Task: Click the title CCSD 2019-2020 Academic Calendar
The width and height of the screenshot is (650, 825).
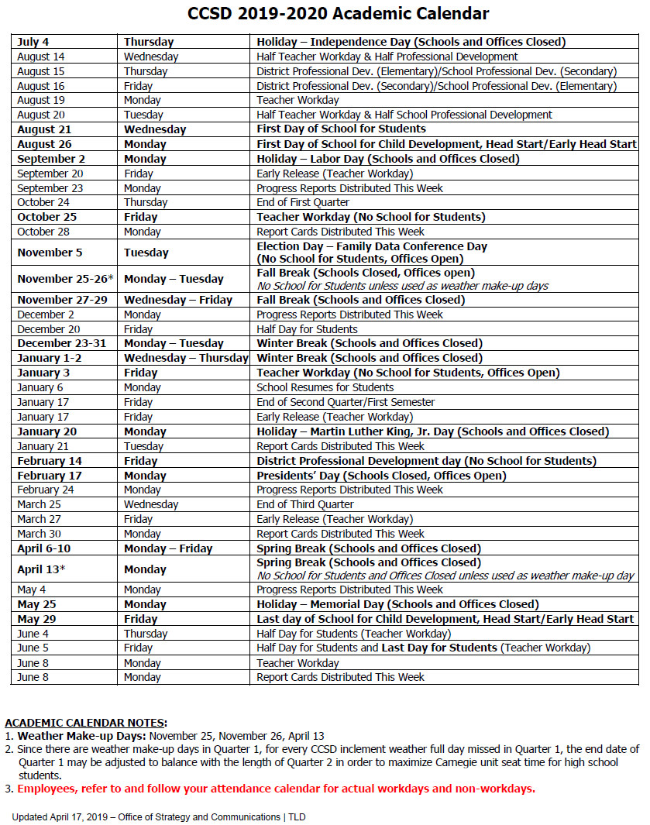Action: click(x=339, y=13)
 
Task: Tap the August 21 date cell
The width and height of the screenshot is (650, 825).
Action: click(x=44, y=129)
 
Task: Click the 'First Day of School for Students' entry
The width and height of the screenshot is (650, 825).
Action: click(x=341, y=129)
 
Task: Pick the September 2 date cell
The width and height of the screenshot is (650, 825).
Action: click(x=51, y=159)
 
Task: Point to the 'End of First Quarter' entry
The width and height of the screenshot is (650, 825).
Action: click(x=303, y=202)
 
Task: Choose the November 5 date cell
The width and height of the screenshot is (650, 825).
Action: click(x=50, y=253)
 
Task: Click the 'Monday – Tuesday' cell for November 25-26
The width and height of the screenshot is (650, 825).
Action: click(x=174, y=279)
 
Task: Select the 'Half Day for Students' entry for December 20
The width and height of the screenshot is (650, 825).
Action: click(x=307, y=329)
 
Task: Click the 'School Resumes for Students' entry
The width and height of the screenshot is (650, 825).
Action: click(x=325, y=387)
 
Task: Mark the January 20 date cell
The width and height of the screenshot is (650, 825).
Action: click(x=46, y=431)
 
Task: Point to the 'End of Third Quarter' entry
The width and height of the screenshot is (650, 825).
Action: click(x=304, y=504)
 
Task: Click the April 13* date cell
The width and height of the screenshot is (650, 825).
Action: click(x=40, y=569)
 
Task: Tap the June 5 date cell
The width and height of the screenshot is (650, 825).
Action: click(x=33, y=648)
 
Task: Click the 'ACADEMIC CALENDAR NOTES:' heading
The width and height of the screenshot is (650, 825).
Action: click(x=86, y=723)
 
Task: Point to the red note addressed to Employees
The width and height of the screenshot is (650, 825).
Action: click(x=276, y=789)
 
